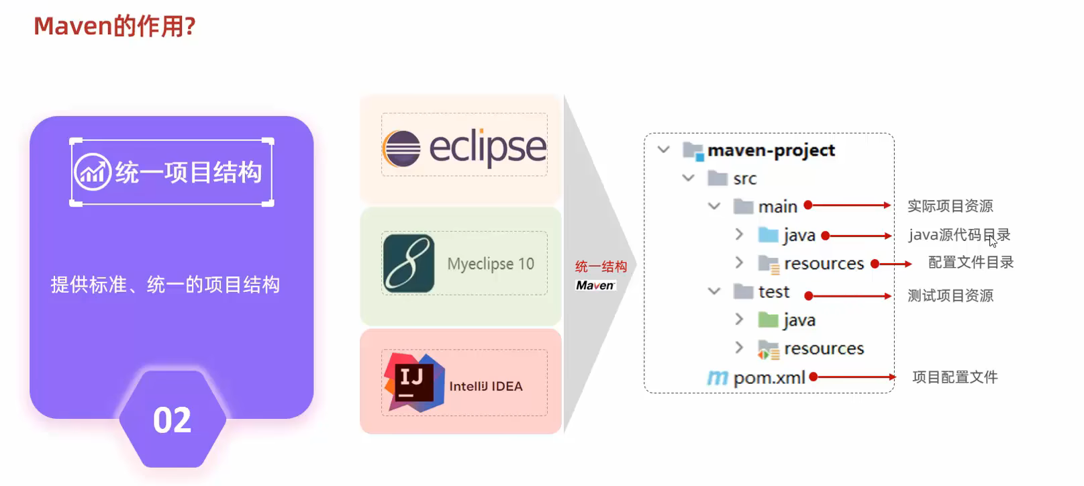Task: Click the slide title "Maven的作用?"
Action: pyautogui.click(x=114, y=26)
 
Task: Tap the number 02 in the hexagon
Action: pyautogui.click(x=172, y=420)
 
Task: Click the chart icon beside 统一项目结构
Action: pyautogui.click(x=93, y=172)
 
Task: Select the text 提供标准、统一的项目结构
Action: pyautogui.click(x=165, y=285)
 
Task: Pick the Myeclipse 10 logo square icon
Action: pyautogui.click(x=409, y=264)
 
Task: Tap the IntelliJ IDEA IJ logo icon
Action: pyautogui.click(x=413, y=381)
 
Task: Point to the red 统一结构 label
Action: pyautogui.click(x=601, y=266)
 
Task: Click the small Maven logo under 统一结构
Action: pyautogui.click(x=595, y=285)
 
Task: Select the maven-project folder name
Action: pyautogui.click(x=771, y=150)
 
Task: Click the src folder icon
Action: pyautogui.click(x=718, y=179)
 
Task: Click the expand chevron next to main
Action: pyautogui.click(x=714, y=206)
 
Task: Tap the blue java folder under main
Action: pyautogui.click(x=768, y=235)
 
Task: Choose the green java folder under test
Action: pyautogui.click(x=768, y=320)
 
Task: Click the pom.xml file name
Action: pyautogui.click(x=769, y=378)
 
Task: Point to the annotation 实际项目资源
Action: pyautogui.click(x=950, y=206)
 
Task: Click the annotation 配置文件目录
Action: pyautogui.click(x=971, y=262)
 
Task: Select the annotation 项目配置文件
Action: pyautogui.click(x=954, y=377)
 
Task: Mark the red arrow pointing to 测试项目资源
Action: pyautogui.click(x=849, y=296)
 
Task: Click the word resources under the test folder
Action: pyautogui.click(x=824, y=348)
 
